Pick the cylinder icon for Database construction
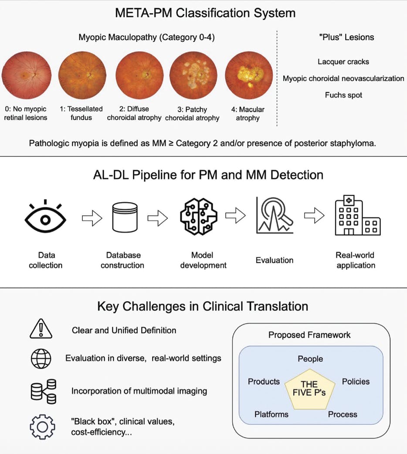(x=122, y=218)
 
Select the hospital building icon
(x=357, y=216)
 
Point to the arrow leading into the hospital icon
(x=314, y=216)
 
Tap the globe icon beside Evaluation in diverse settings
(x=41, y=359)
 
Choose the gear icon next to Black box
(x=42, y=427)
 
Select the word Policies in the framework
(x=356, y=382)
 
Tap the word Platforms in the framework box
(x=271, y=414)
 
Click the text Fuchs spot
(x=343, y=95)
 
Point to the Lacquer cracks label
(x=343, y=62)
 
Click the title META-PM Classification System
(x=205, y=13)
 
